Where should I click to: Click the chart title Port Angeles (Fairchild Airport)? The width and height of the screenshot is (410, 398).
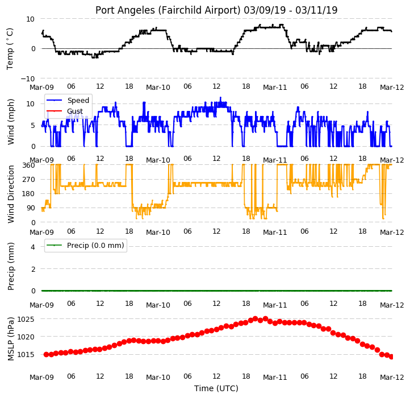point(168,10)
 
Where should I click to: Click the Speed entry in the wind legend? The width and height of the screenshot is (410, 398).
point(78,100)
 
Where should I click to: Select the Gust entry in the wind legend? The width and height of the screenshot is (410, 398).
point(75,111)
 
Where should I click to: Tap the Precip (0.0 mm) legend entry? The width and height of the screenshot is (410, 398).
point(95,246)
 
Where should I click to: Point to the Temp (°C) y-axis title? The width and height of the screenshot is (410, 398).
point(10,49)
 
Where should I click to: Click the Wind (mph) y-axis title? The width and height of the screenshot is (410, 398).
point(11,122)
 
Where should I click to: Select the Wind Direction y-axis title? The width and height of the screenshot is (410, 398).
point(11,194)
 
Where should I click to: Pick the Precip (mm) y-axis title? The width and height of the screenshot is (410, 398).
point(11,266)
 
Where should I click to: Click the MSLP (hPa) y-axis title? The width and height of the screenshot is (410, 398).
point(11,339)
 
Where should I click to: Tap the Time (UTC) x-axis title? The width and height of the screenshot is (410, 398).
point(216,388)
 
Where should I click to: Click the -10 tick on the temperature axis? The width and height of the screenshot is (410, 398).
point(28,78)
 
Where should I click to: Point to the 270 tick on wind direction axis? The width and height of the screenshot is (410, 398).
point(29,180)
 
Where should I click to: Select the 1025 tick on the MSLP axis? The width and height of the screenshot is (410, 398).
point(26,319)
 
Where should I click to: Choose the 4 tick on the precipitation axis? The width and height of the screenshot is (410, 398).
point(33,247)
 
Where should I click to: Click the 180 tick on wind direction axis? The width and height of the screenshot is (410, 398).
point(29,194)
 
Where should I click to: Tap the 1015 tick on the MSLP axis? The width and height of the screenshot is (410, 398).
point(26,355)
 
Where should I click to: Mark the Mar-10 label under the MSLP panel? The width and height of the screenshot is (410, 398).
point(158,378)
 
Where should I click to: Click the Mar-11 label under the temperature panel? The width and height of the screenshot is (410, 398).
point(275,87)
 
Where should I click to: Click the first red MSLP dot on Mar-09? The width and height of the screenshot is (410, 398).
point(47,354)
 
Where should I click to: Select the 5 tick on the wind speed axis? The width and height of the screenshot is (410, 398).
point(33,126)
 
